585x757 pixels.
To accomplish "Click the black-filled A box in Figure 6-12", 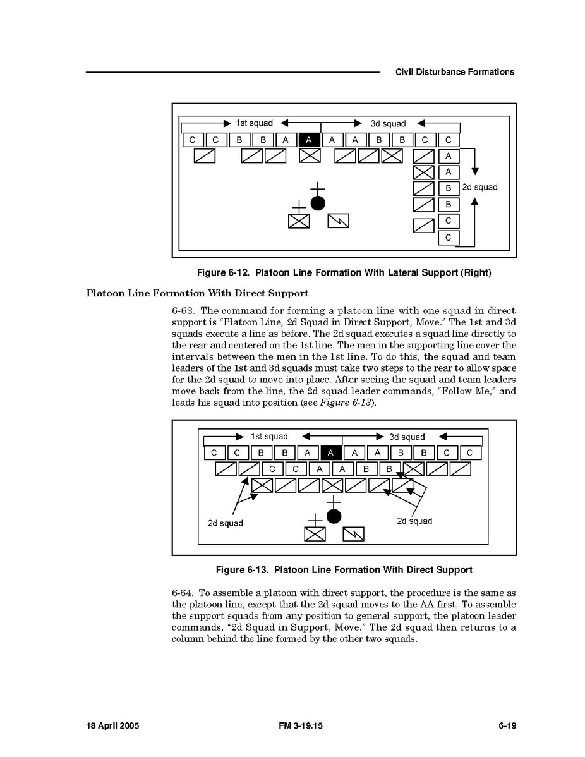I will pyautogui.click(x=309, y=140).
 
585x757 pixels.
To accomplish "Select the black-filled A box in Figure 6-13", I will pyautogui.click(x=332, y=452).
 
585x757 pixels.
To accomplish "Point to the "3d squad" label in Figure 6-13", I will pyautogui.click(x=407, y=437).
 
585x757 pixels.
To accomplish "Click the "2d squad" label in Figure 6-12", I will pyautogui.click(x=479, y=187).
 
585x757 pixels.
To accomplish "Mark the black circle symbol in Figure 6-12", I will pyautogui.click(x=318, y=203).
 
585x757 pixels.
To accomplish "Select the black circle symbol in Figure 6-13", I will pyautogui.click(x=334, y=516).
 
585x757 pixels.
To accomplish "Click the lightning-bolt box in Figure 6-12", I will pyautogui.click(x=339, y=221).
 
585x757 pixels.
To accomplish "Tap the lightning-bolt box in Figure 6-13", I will pyautogui.click(x=353, y=534).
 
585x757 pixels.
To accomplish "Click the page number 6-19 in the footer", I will pyautogui.click(x=507, y=726).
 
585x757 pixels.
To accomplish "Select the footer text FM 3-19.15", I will pyautogui.click(x=301, y=726).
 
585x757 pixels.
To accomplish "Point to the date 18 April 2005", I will pyautogui.click(x=112, y=726).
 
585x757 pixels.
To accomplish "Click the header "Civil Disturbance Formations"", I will pyautogui.click(x=455, y=72).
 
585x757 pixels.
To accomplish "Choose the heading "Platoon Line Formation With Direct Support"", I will pyautogui.click(x=197, y=293).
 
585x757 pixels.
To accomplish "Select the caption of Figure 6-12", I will pyautogui.click(x=344, y=273).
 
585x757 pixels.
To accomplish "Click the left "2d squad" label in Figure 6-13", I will pyautogui.click(x=225, y=523).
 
